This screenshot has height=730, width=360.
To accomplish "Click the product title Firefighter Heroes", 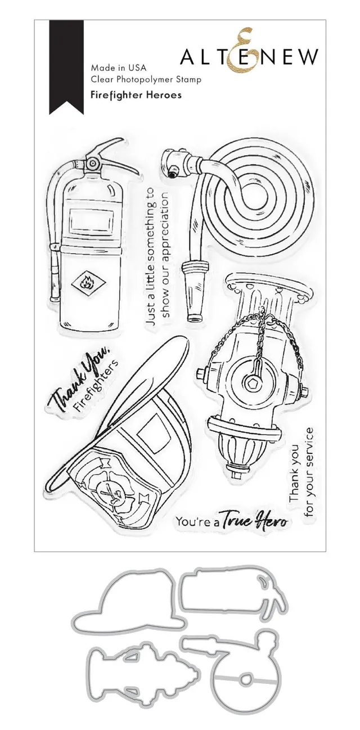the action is (x=136, y=95).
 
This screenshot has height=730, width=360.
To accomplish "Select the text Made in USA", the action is (x=118, y=68).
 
